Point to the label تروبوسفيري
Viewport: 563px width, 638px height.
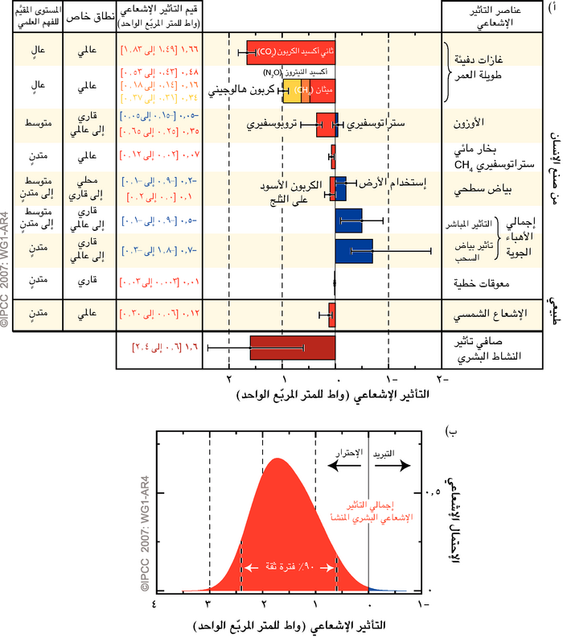pos(273,126)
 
